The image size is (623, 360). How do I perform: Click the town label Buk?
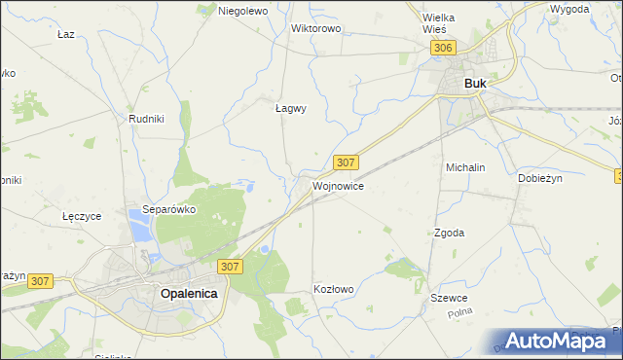coord(476,84)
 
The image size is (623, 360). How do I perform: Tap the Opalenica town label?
coord(189,292)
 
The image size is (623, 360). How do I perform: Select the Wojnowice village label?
coord(338,186)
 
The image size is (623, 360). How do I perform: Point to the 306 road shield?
coord(444,48)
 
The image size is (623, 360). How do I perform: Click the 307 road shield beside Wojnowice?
coord(346,162)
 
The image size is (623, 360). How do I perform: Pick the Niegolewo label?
coord(243,11)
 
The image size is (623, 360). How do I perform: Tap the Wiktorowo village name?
coord(316,28)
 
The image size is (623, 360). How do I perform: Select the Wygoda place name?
coord(569,9)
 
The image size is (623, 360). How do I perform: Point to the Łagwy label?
coord(290,109)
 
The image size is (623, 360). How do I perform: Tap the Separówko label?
coord(170,208)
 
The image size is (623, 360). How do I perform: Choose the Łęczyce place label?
coord(81,216)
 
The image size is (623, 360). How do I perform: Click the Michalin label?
coord(465,167)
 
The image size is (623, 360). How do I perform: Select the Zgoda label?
coord(449,233)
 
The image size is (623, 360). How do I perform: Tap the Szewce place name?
coord(450,298)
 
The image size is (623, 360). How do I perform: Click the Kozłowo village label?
coord(334,289)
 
